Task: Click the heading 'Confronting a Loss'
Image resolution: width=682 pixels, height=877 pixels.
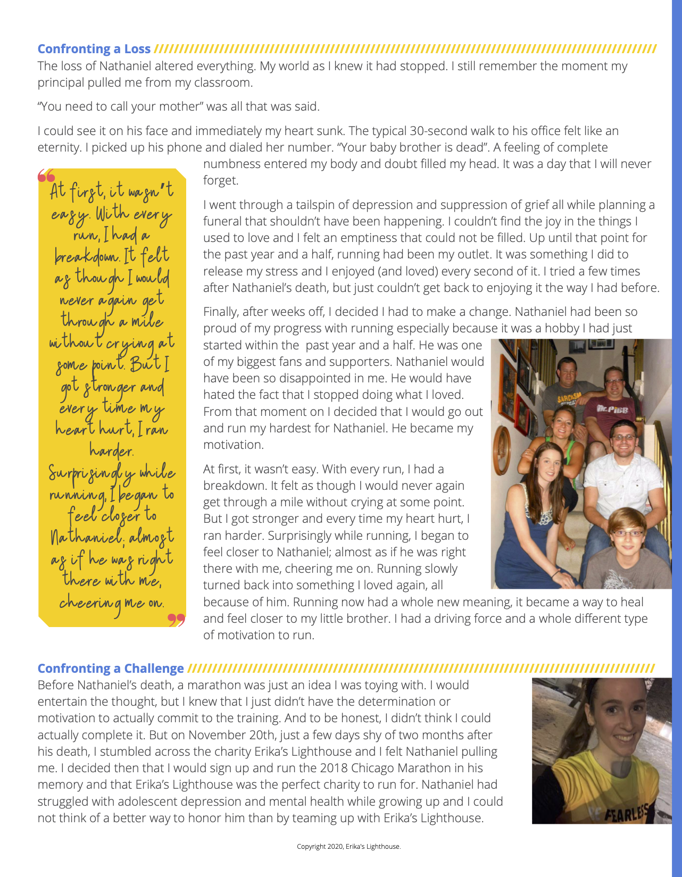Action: point(94,49)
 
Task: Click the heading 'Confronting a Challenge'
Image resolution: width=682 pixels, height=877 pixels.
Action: point(111,669)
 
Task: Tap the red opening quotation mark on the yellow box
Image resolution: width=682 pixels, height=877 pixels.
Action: point(46,176)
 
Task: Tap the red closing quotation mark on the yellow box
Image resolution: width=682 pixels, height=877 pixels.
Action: point(176,620)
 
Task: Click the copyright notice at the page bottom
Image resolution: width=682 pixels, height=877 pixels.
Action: point(348,846)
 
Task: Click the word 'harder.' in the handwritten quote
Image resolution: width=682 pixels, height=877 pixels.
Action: point(111,451)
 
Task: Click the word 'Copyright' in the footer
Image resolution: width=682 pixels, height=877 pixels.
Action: point(311,846)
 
